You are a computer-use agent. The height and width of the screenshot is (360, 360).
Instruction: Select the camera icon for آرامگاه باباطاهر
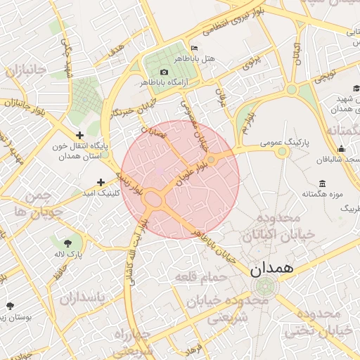point(165,72)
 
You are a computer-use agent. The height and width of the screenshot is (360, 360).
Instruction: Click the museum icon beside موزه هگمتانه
point(322,183)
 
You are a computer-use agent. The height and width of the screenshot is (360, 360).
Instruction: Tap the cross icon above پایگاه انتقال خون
point(79,135)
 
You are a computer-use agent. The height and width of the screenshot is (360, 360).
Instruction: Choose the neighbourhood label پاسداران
point(82,299)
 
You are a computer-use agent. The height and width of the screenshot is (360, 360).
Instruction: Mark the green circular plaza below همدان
point(266,286)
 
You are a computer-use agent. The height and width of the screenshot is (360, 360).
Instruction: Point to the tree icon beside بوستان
point(10,306)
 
